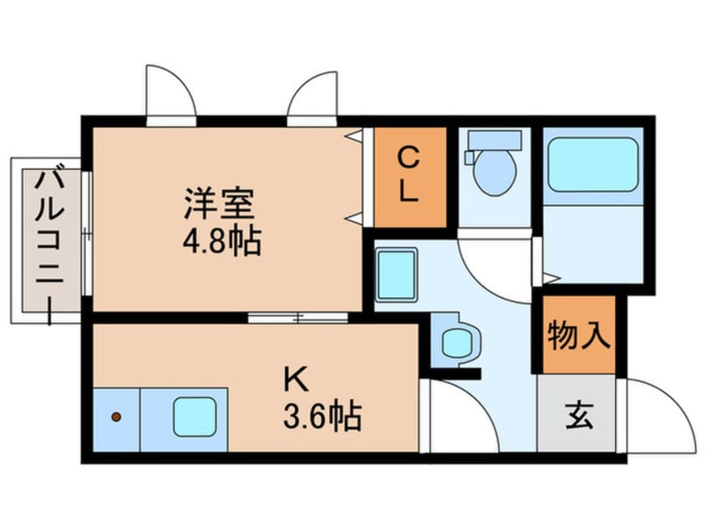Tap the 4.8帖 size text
221,242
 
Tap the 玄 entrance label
578,415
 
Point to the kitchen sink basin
196,416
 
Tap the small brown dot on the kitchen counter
116,416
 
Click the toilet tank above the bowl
494,139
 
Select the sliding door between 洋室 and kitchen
298,317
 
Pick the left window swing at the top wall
172,92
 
